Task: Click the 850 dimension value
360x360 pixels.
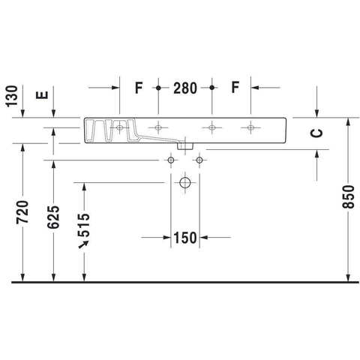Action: click(348, 196)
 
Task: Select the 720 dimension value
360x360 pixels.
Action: click(22, 211)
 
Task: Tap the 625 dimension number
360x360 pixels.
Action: click(53, 217)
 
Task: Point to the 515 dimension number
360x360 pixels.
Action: click(84, 225)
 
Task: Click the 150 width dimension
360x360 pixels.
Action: click(185, 238)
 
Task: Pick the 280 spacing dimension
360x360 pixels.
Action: click(185, 88)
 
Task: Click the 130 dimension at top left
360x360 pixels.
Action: click(12, 96)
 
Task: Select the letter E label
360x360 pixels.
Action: click(42, 95)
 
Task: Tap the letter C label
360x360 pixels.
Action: click(316, 133)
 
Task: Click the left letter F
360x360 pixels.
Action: click(139, 88)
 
